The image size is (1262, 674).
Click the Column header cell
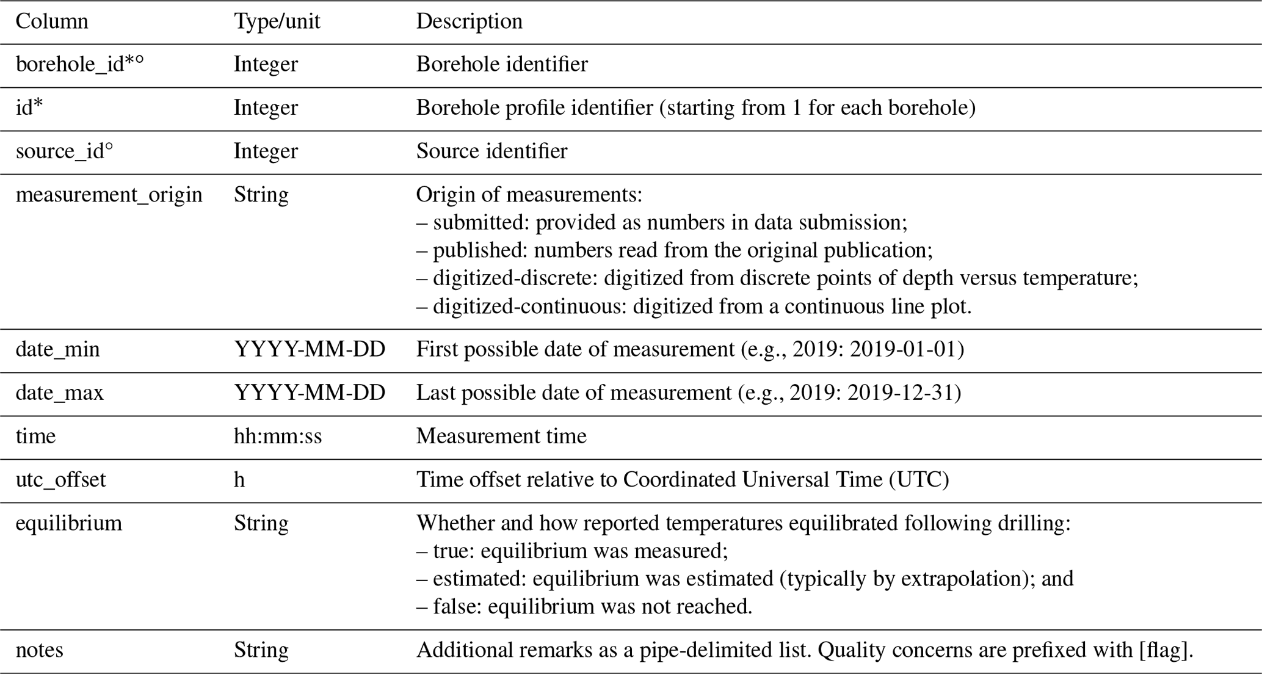click(52, 22)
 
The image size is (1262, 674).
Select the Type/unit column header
click(277, 22)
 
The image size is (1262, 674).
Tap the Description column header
click(469, 22)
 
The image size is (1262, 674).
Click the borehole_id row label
click(79, 65)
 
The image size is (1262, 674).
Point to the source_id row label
click(64, 151)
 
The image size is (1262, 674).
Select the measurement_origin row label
click(109, 195)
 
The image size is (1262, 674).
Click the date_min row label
click(57, 350)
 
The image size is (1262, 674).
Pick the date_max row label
click(59, 393)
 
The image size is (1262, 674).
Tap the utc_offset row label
click(60, 480)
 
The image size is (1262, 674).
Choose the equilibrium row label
click(68, 523)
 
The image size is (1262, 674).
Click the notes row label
click(39, 650)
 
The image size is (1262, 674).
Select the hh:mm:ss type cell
click(277, 437)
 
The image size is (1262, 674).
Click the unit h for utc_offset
click(239, 480)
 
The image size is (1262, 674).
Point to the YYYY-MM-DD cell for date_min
click(310, 350)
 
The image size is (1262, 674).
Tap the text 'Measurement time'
click(501, 437)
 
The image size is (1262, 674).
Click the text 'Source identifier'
click(491, 151)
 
